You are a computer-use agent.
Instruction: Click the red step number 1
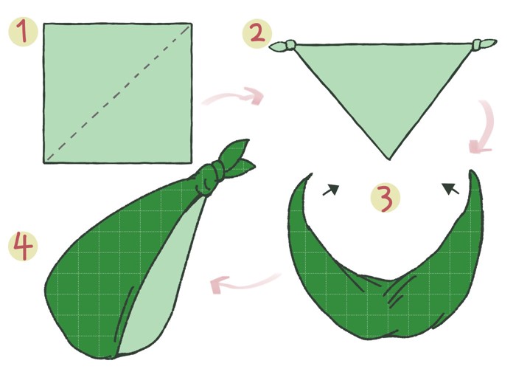(23, 31)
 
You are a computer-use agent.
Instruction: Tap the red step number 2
(258, 34)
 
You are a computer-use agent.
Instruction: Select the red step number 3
(386, 199)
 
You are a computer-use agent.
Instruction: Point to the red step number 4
(23, 246)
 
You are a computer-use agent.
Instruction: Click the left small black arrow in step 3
(331, 190)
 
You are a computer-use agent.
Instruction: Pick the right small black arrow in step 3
(450, 189)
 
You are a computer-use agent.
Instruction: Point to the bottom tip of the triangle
(389, 159)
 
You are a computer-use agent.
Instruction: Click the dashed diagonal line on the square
(119, 93)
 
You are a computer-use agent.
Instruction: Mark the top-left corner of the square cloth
(43, 24)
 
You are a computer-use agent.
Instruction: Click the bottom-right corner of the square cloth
(192, 162)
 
